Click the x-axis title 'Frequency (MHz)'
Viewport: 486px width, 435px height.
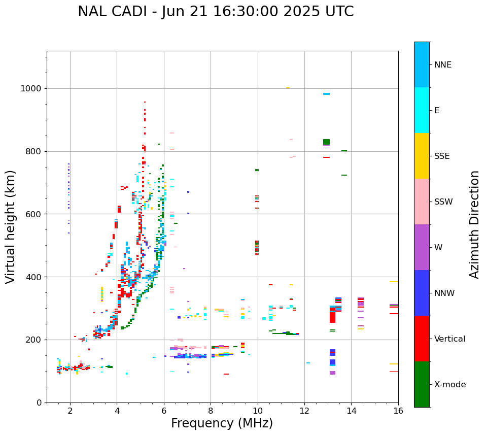222,423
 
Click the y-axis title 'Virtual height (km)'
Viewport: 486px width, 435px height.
11,226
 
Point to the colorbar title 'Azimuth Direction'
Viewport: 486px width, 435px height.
474,224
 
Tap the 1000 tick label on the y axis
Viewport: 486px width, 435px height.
31,88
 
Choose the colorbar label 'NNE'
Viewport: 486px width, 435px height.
442,65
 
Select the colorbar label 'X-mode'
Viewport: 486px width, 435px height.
449,385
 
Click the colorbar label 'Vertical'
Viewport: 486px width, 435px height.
449,339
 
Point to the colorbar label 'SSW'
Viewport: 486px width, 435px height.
443,202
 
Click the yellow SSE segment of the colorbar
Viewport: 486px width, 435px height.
422,156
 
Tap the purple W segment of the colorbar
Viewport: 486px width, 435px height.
422,247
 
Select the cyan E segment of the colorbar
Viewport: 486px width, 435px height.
422,110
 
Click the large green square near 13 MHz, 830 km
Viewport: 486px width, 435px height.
326,142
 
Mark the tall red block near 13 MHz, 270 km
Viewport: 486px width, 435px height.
332,317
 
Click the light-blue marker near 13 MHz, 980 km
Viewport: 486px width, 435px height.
326,94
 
